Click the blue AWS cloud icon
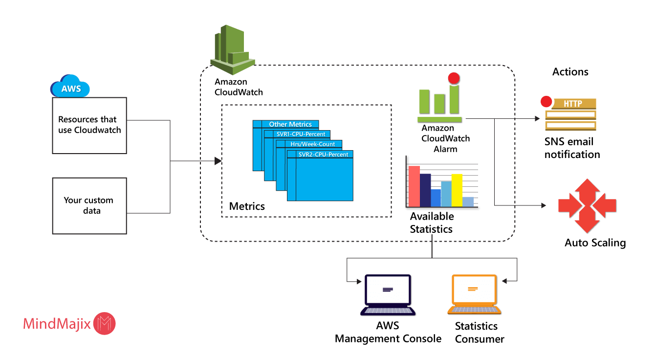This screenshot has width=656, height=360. click(x=70, y=86)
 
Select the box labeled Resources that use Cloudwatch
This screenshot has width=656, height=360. click(x=89, y=126)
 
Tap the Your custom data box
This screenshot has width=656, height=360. click(x=89, y=206)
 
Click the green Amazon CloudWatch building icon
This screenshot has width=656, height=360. click(x=233, y=49)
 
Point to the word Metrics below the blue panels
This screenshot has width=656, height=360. click(x=247, y=206)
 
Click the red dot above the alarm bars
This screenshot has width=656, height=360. click(x=454, y=78)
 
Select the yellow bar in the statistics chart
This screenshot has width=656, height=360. click(x=457, y=190)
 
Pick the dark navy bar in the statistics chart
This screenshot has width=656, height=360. click(x=425, y=190)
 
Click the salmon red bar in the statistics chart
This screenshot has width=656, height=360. click(x=415, y=186)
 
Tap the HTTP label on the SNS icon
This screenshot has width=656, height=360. click(x=573, y=104)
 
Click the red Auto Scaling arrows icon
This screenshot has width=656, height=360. click(x=587, y=205)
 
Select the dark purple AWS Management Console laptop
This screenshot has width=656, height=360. click(x=388, y=294)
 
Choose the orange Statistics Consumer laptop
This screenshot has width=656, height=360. click(x=475, y=294)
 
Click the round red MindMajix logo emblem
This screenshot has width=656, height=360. click(x=104, y=323)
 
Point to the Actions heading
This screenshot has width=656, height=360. click(x=570, y=72)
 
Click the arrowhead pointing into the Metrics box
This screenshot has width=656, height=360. click(x=218, y=161)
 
